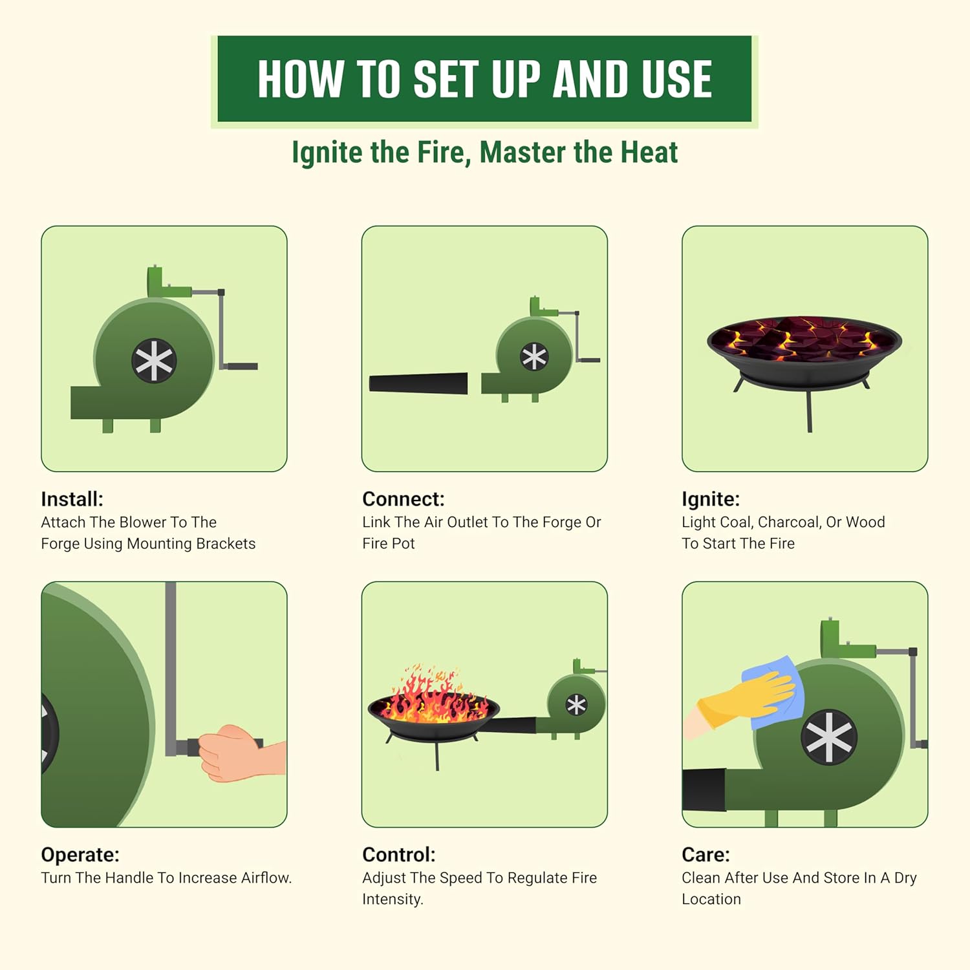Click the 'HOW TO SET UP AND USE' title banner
(x=484, y=79)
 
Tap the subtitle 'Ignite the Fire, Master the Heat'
(x=484, y=153)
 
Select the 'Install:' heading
(x=72, y=499)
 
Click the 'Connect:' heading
(x=404, y=499)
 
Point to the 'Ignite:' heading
(x=711, y=499)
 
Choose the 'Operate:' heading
(x=80, y=855)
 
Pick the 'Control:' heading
(x=399, y=855)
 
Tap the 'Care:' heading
(x=706, y=855)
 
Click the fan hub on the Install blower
(x=154, y=360)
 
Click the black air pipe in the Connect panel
(x=418, y=383)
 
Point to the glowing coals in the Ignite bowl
(x=804, y=339)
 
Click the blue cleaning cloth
(x=773, y=693)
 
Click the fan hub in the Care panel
(x=829, y=737)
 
